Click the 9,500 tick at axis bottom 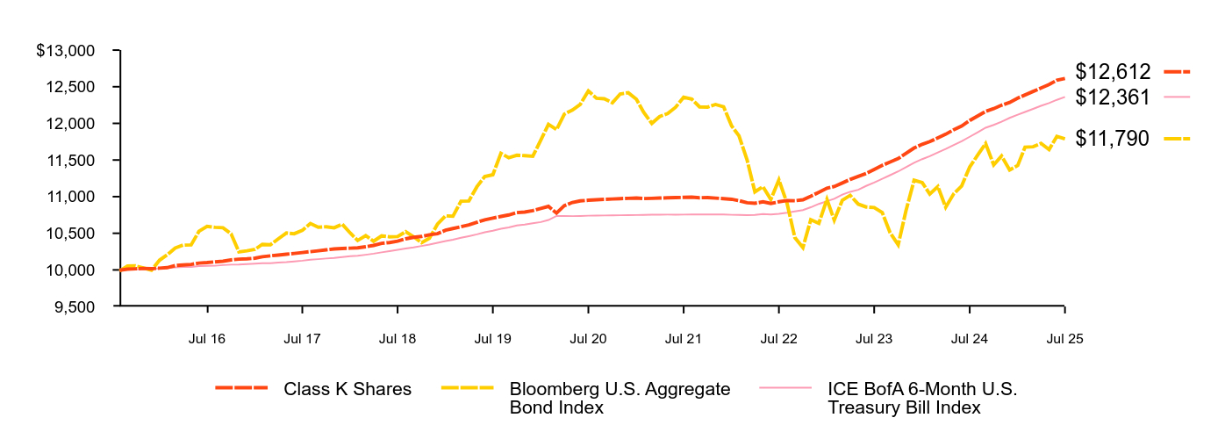click(x=80, y=307)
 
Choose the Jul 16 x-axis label click(x=207, y=337)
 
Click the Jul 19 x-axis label click(x=493, y=337)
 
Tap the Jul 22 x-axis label click(x=778, y=337)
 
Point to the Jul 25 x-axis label click(x=1064, y=337)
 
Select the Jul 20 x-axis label click(x=588, y=337)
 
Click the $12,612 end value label click(x=1113, y=73)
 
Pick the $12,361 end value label click(x=1113, y=97)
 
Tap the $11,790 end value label click(x=1113, y=138)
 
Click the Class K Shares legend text click(x=347, y=389)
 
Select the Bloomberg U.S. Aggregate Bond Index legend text click(x=620, y=398)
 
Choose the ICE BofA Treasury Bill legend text click(x=922, y=398)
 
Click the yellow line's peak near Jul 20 click(x=588, y=90)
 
